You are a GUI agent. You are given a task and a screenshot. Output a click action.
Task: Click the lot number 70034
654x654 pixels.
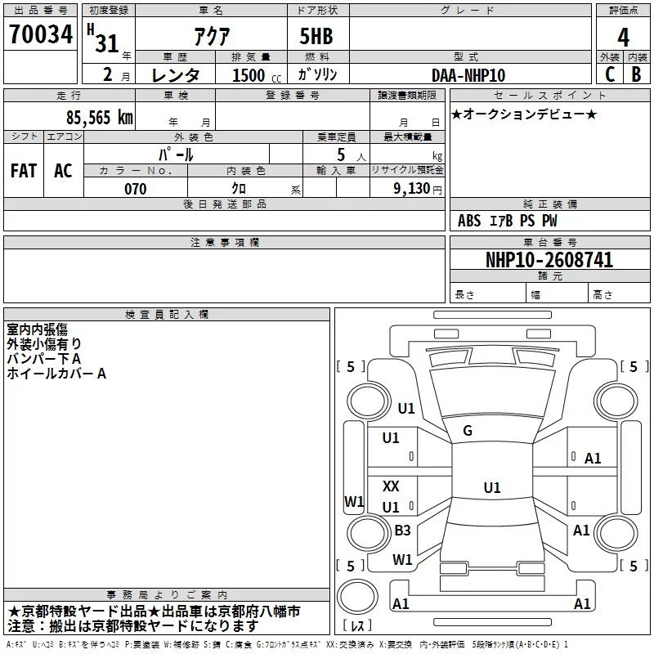pos(41,34)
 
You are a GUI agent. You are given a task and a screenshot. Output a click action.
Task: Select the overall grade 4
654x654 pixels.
pos(623,38)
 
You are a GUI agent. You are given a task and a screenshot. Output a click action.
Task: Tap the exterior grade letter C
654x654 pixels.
pos(610,74)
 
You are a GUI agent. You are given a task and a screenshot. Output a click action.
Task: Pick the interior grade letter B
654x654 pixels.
pos(636,74)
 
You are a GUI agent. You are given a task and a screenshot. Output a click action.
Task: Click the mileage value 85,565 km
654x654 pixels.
pos(99,118)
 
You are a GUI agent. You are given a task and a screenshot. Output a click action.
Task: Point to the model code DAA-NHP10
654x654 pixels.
pos(468,75)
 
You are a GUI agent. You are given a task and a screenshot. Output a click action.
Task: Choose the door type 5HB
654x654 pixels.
pos(316,36)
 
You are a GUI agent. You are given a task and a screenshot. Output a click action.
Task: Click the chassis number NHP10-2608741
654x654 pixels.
pos(549,260)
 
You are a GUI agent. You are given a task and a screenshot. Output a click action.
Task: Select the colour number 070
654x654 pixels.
pos(136,189)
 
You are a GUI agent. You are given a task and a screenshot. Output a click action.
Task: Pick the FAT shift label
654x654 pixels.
pos(24,171)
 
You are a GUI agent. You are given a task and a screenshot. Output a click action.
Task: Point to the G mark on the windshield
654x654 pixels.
pos(468,431)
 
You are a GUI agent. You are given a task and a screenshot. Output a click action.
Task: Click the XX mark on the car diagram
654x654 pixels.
pos(391,486)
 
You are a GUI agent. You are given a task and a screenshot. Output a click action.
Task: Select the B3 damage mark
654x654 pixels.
pos(402,530)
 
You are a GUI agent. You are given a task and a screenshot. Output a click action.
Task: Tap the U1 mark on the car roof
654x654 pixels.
pos(492,487)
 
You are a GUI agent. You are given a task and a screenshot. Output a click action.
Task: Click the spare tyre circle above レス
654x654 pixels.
pos(357,597)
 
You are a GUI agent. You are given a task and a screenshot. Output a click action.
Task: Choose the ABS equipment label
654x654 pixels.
pos(469,221)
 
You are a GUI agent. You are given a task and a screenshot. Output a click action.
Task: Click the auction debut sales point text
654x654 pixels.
pos(524,114)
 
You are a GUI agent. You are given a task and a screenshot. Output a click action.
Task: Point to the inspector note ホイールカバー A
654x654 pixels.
pos(56,374)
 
